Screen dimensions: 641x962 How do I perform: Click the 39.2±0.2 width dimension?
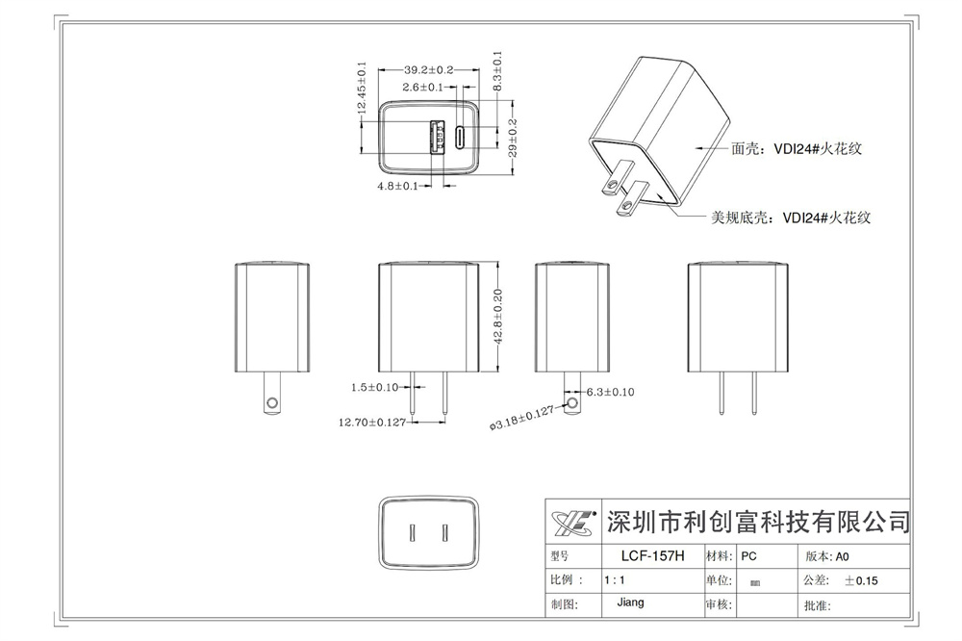tap(428, 70)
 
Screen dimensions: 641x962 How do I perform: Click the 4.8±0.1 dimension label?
tap(398, 186)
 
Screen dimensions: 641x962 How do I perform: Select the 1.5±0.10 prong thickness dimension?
tap(375, 387)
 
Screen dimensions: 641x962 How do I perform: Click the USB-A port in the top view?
tap(436, 137)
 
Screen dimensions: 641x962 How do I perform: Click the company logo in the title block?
tap(574, 524)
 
